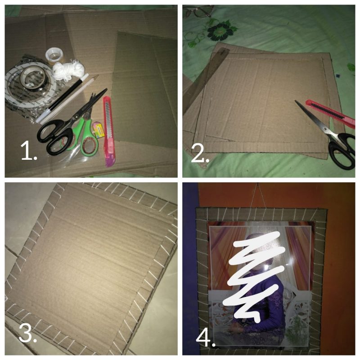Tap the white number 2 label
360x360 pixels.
click(x=200, y=154)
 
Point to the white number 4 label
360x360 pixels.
click(x=206, y=337)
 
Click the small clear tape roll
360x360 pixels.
click(x=54, y=55)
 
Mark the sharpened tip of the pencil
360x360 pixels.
click(x=97, y=76)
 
